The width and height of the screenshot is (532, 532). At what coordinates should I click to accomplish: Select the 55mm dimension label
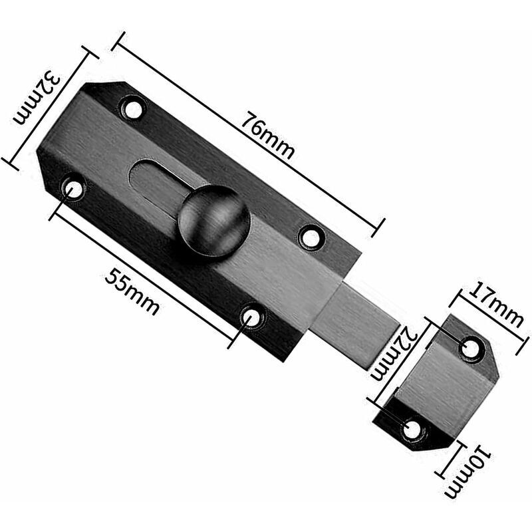pyautogui.click(x=132, y=294)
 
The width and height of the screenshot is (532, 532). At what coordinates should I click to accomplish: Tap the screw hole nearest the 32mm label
pyautogui.click(x=133, y=108)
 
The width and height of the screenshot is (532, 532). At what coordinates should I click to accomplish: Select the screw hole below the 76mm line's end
pyautogui.click(x=311, y=236)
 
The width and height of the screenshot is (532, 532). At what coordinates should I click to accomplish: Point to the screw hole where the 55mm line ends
pyautogui.click(x=252, y=317)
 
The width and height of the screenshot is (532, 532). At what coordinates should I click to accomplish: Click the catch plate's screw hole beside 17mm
pyautogui.click(x=471, y=348)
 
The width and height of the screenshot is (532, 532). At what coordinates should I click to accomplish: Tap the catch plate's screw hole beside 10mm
pyautogui.click(x=412, y=429)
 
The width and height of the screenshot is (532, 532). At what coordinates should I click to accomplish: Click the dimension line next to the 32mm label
pyautogui.click(x=47, y=106)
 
